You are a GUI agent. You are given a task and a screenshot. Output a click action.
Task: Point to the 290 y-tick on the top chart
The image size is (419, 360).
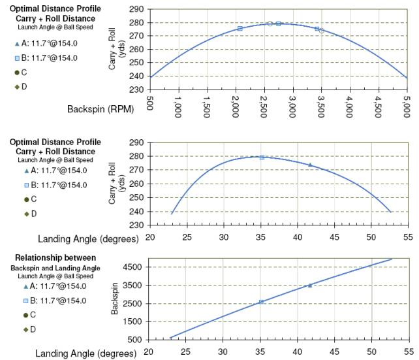[136, 10]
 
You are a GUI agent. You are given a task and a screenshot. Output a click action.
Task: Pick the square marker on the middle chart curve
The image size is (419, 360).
[262, 157]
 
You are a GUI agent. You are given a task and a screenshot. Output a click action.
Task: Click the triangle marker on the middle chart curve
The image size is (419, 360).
[310, 165]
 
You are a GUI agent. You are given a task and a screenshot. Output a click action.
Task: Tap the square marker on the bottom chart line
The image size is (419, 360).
[261, 302]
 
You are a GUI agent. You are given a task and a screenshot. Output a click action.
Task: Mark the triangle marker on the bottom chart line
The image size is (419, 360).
[310, 286]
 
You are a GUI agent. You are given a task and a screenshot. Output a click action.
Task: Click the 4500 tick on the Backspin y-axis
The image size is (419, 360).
[133, 267]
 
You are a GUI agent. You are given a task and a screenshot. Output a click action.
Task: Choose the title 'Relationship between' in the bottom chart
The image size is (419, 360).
[54, 257]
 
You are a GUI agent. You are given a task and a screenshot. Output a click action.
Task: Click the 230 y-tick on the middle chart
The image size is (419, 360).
[136, 225]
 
